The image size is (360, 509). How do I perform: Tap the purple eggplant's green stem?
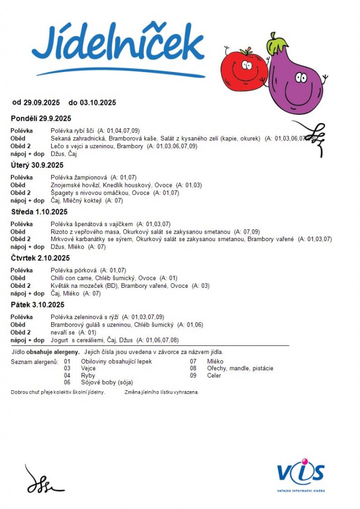coord(276,45)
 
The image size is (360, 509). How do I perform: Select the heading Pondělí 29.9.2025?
coord(41,118)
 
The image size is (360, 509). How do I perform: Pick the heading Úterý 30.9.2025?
coord(37,165)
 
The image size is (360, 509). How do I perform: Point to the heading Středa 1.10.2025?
coord(39,212)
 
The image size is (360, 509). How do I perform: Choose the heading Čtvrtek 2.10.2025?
coord(40,258)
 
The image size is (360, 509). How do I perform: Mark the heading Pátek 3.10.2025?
coord(38,305)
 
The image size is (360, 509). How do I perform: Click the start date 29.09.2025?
coord(41,103)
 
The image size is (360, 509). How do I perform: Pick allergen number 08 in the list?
coord(193,368)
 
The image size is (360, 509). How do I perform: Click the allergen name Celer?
coord(214,376)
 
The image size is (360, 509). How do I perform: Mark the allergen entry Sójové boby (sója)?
coord(107,383)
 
